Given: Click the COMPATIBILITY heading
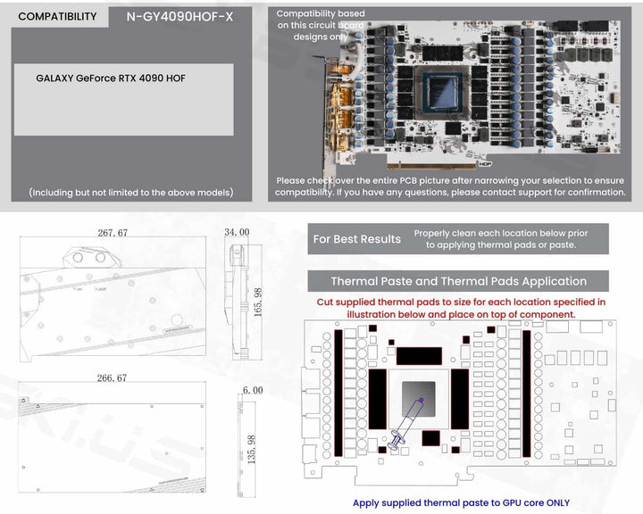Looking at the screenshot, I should coord(57,16).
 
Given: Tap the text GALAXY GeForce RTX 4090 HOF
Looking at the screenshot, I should coord(111,79).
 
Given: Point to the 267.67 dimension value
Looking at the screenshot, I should coord(113,233).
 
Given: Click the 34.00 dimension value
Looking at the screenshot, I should coord(237,232).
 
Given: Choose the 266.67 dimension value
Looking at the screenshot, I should coord(113,378).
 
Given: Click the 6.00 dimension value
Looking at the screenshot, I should coord(252,390).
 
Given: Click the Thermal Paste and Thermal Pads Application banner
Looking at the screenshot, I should coord(458,281).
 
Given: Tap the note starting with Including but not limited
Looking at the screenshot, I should coord(130,192).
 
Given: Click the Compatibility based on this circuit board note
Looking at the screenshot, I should coord(319,25).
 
